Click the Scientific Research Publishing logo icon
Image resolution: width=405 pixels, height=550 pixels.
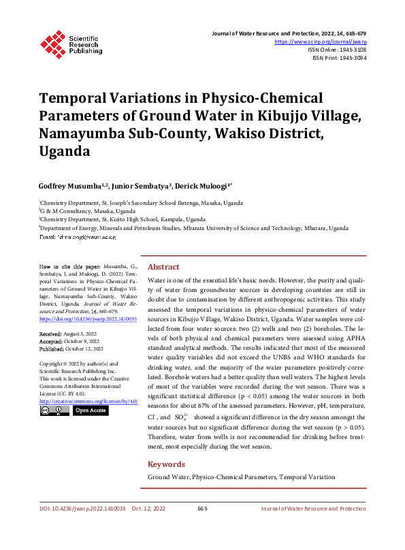(x=52, y=42)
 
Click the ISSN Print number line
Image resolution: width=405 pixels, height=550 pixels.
(x=340, y=58)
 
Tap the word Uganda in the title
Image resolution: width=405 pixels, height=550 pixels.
(x=65, y=150)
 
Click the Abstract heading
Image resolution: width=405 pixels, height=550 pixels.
(x=163, y=267)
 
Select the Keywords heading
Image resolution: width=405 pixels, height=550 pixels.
(x=167, y=464)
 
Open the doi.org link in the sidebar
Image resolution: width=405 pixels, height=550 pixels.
(x=88, y=319)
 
